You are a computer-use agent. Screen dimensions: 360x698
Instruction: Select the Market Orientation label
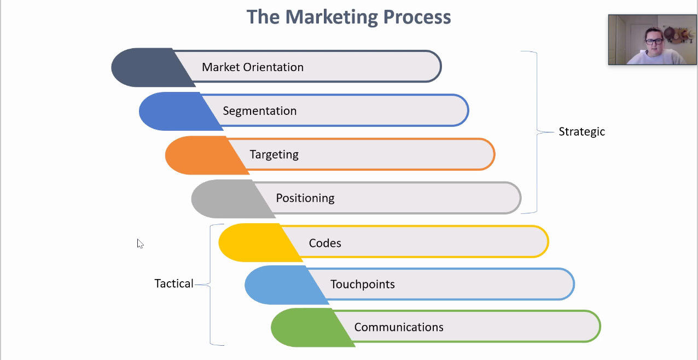pyautogui.click(x=253, y=67)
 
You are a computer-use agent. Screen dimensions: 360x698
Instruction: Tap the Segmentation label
pyautogui.click(x=259, y=111)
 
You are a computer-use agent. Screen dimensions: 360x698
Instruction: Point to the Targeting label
pyautogui.click(x=274, y=154)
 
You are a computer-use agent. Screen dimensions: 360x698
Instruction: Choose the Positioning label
pyautogui.click(x=305, y=198)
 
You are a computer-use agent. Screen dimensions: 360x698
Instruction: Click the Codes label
pyautogui.click(x=325, y=243)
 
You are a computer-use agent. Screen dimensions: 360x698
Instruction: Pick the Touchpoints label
pyautogui.click(x=362, y=284)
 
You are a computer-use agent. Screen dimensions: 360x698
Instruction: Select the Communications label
pyautogui.click(x=399, y=327)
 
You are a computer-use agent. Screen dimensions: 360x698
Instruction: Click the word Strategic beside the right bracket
pyautogui.click(x=581, y=132)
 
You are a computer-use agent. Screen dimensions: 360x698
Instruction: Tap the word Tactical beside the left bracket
pyautogui.click(x=174, y=284)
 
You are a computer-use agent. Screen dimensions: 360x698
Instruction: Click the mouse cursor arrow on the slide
pyautogui.click(x=140, y=243)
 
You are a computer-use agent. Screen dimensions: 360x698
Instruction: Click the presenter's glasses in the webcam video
pyautogui.click(x=654, y=41)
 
